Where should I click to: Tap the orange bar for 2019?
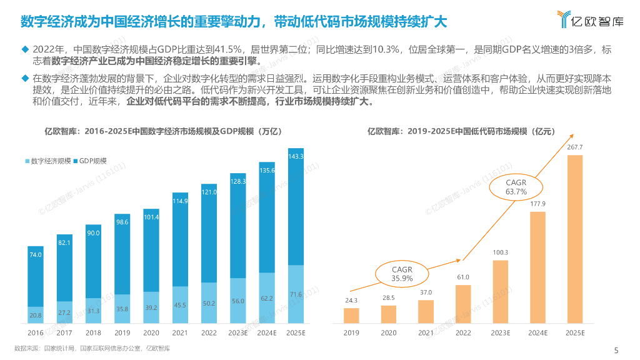click(x=352, y=316)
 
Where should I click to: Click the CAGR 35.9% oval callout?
click(x=402, y=274)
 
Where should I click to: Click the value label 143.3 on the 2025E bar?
click(x=296, y=156)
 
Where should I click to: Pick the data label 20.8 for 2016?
click(x=36, y=315)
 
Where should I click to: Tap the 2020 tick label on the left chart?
click(x=151, y=333)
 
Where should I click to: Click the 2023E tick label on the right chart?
click(x=500, y=333)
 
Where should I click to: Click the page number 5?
click(x=616, y=349)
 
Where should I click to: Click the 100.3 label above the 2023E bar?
click(x=500, y=252)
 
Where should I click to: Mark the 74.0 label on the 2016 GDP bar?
click(x=36, y=254)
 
